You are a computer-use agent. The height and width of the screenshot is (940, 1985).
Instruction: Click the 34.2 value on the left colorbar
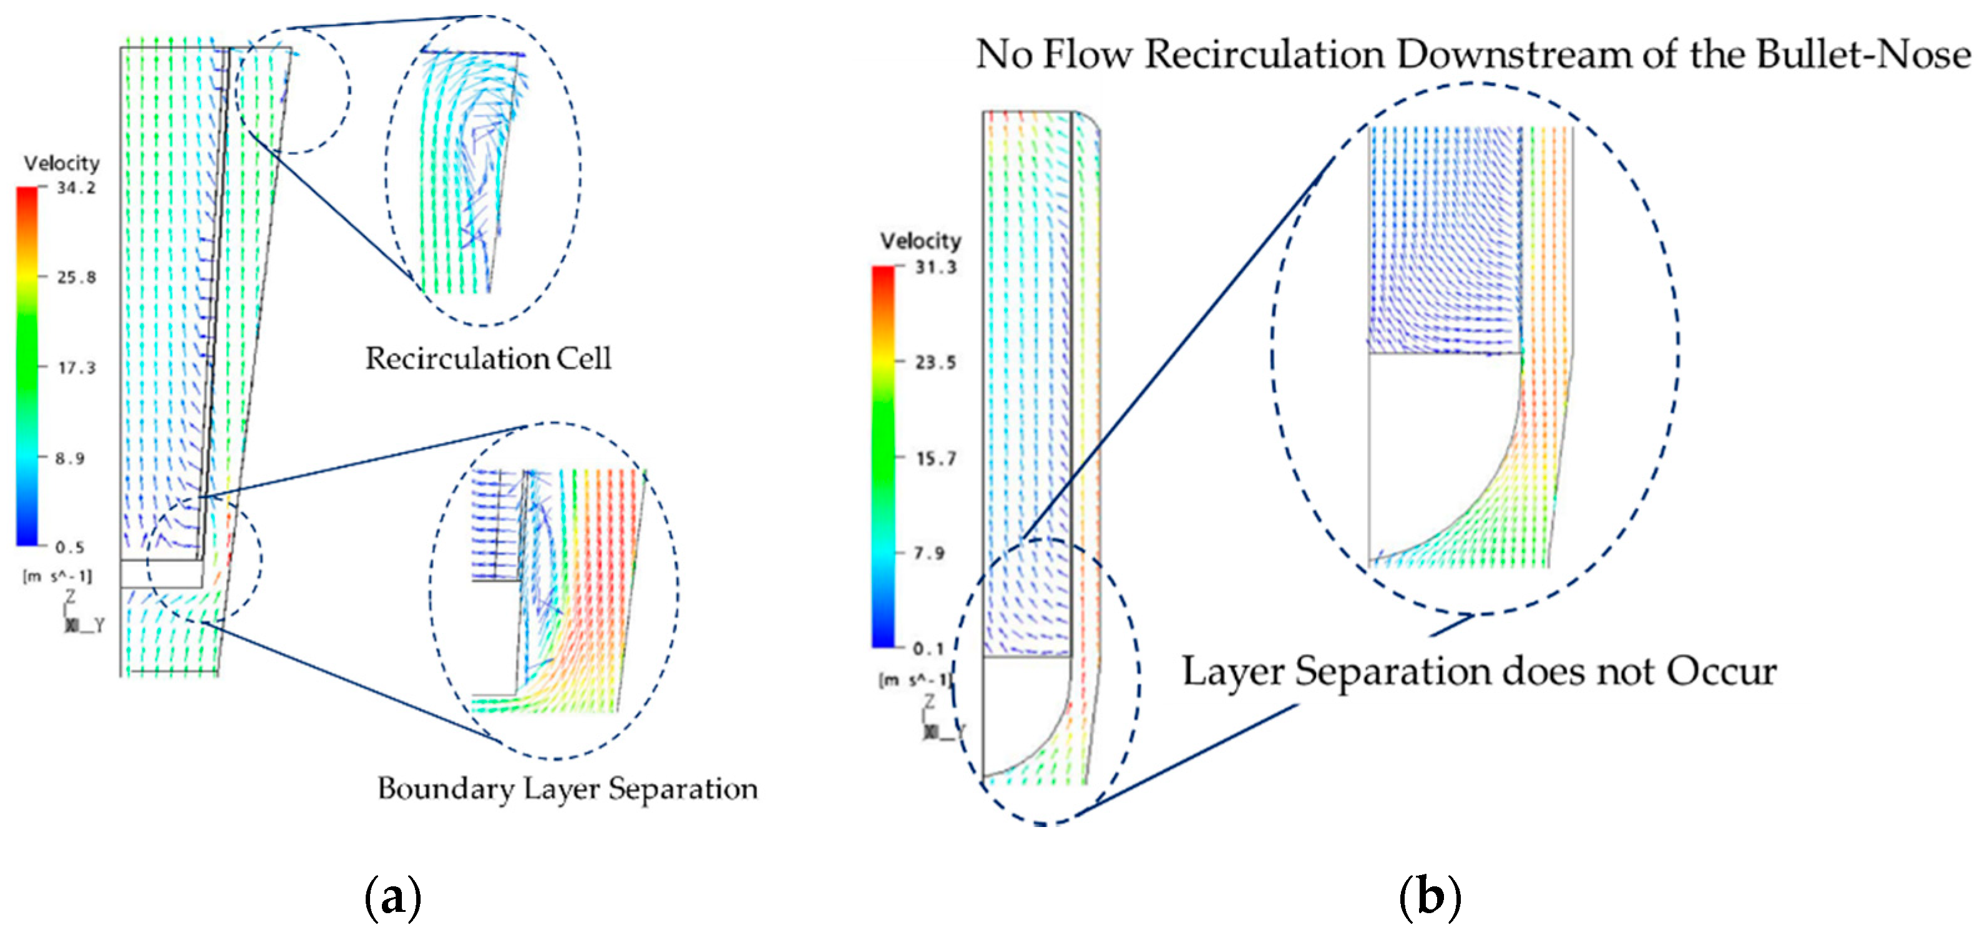pos(76,188)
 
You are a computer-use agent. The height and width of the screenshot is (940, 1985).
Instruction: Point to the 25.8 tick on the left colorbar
pos(76,277)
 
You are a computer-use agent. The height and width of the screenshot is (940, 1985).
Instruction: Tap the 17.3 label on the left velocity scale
pos(76,368)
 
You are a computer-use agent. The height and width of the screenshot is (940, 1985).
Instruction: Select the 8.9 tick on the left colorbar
pos(69,458)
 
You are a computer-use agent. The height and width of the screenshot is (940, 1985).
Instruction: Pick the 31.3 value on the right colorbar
pos(935,267)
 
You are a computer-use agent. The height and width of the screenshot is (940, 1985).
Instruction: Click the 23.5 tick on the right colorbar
pos(935,362)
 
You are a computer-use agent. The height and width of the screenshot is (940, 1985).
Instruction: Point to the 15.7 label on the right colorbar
pos(935,458)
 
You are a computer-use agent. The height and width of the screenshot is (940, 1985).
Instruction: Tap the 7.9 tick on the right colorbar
pos(929,553)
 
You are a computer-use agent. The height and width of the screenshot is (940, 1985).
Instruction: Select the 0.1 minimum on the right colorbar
pos(929,649)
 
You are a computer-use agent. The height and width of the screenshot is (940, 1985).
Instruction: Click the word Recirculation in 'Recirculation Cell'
pos(450,358)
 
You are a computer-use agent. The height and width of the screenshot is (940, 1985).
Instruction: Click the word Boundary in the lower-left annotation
pos(445,789)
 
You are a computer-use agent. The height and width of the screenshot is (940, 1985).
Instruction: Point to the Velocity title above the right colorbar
pos(921,241)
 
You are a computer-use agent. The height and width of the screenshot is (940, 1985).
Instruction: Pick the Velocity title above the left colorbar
pos(62,164)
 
